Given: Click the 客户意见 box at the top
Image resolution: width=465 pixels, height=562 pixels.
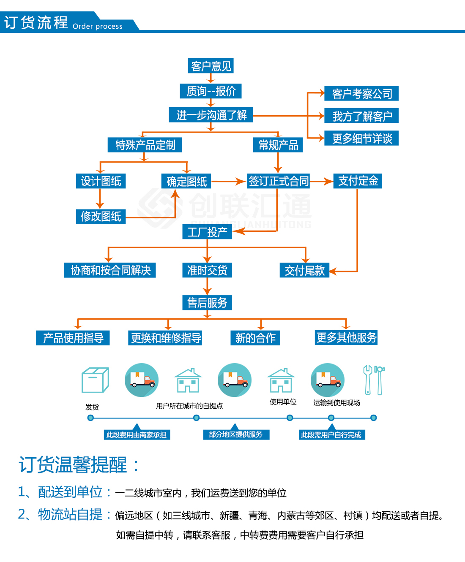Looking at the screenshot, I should coord(211,66).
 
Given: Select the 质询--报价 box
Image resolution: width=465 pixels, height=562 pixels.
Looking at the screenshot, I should coord(211,91).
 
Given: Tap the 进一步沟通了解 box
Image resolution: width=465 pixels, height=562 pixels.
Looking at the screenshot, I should coord(211,115).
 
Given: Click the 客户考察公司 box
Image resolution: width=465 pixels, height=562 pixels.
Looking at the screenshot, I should coord(361,93).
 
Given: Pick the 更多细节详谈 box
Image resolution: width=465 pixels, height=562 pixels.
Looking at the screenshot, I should coord(361,138).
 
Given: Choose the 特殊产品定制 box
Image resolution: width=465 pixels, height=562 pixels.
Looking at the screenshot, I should coord(145,145).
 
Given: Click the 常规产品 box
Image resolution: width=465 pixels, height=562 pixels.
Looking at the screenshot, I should coord(278,145).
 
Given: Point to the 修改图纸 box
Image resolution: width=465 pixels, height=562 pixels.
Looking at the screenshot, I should coord(101,216).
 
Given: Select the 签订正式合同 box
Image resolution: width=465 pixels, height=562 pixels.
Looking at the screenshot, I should coord(278,181).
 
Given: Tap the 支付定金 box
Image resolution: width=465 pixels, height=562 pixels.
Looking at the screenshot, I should coord(358,181).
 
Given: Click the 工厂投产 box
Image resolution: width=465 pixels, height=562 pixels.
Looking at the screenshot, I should coord(207,232).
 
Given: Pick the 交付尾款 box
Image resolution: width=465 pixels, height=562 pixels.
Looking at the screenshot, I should coord(304,270).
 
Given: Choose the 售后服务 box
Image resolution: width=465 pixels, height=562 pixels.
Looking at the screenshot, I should coord(207,302).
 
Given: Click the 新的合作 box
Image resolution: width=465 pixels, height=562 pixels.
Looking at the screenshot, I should coord(255,338).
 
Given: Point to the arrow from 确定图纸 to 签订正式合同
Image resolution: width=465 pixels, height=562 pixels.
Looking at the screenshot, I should coord(228,182).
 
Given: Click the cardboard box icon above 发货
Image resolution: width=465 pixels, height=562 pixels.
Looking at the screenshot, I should coord(95,380).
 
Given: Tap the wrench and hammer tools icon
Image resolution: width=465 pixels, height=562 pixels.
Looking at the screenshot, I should coord(374,380).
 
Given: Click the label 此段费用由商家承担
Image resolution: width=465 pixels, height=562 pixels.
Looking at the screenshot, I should coord(137,435).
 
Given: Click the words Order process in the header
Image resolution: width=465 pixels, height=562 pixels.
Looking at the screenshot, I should coord(98,26).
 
